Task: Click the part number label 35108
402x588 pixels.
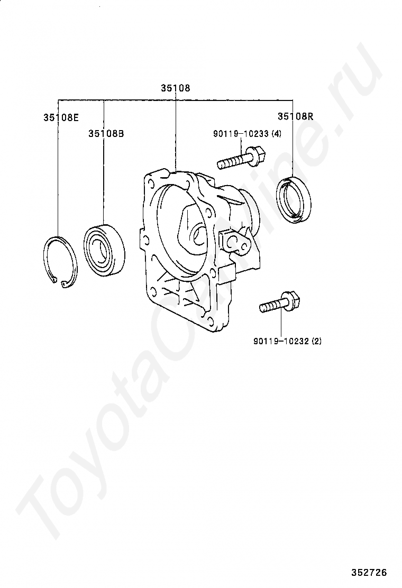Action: [x=176, y=88]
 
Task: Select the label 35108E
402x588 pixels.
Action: [x=61, y=117]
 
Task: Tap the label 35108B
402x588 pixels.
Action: [x=106, y=134]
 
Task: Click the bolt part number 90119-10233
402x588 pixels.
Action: [x=241, y=134]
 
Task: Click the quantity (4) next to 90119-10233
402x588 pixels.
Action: [x=276, y=134]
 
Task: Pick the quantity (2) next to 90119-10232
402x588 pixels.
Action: [x=316, y=341]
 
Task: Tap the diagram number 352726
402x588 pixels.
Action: [x=370, y=573]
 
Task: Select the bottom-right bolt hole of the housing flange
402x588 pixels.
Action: [x=211, y=321]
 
